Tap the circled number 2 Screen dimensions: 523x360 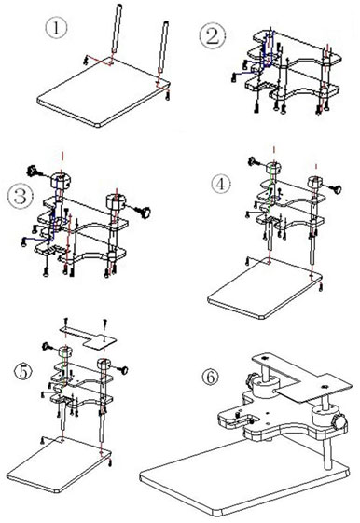click(211, 36)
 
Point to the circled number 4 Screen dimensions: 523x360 click(221, 184)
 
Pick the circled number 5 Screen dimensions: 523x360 click(26, 369)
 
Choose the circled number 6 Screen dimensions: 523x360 click(211, 378)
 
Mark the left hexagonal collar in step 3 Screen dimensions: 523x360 click(62, 177)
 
